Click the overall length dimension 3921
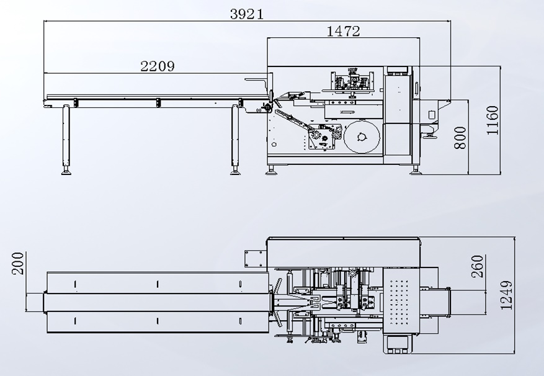pos(247,14)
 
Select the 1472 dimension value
pos(344,31)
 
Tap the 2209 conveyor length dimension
pos(158,66)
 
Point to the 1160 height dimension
pos(493,120)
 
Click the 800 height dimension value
pos(460,138)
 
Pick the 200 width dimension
pos(18,264)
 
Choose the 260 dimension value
pos(477,266)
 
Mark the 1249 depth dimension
pos(506,295)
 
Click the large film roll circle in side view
pos(362,137)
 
